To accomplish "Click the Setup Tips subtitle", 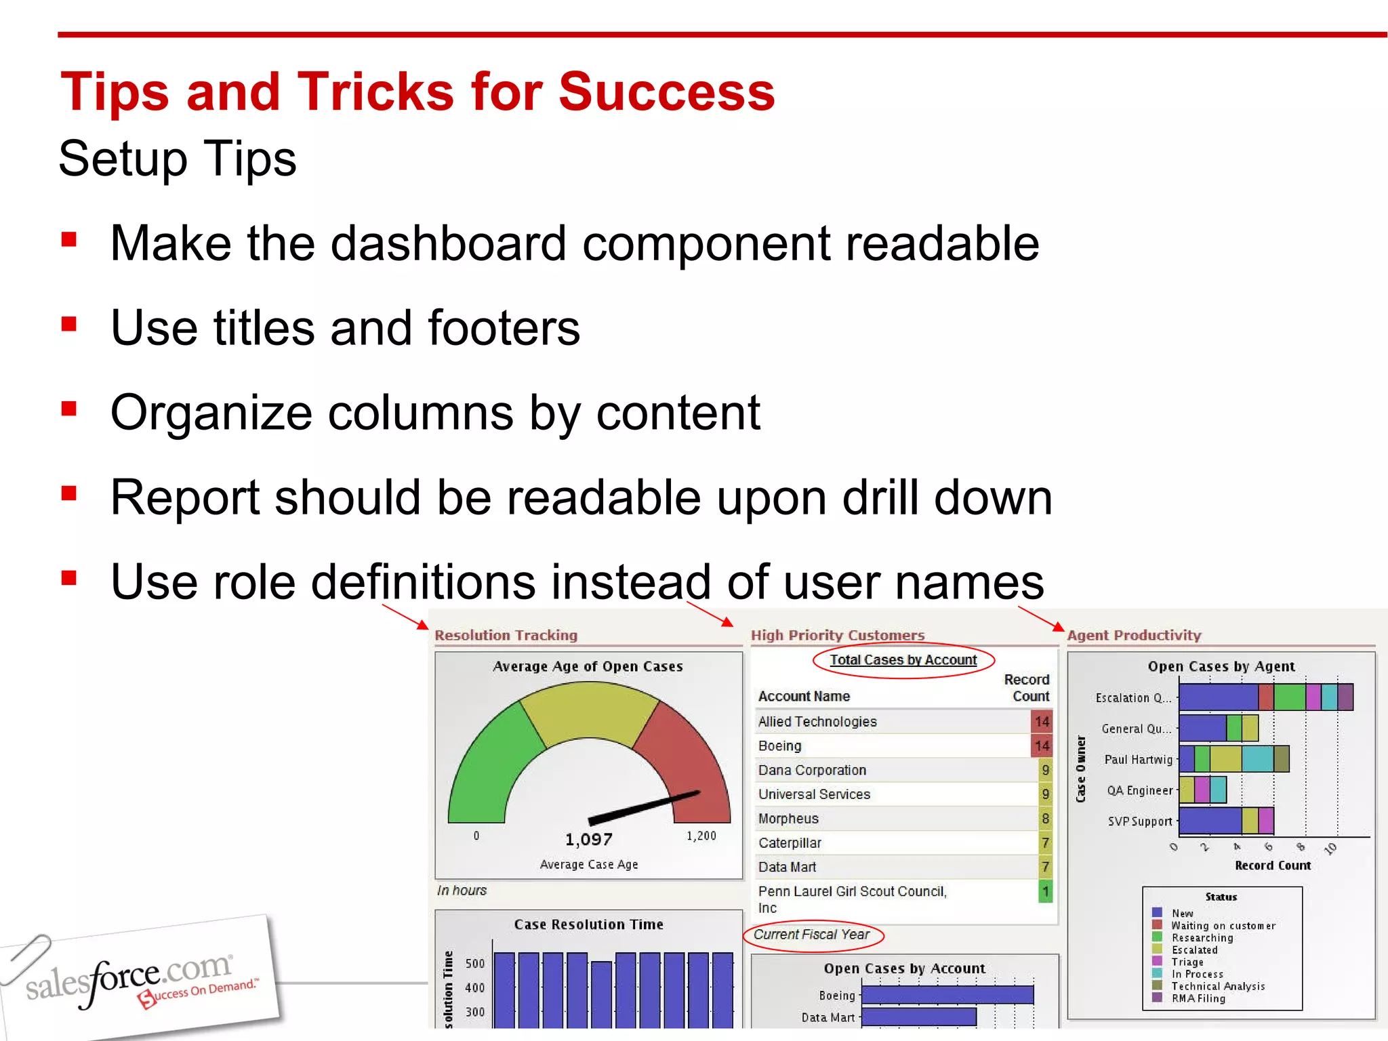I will tap(178, 159).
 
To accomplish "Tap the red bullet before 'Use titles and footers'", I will tap(68, 324).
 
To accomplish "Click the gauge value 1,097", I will tap(588, 840).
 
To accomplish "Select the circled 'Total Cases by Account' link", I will tap(903, 660).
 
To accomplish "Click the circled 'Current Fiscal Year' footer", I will tap(812, 935).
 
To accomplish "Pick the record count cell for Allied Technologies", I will tap(1041, 722).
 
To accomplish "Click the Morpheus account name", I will tap(788, 819).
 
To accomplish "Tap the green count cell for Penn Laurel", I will tap(1045, 891).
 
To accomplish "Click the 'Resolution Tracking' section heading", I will tap(506, 636).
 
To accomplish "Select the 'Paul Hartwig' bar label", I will tap(1138, 760).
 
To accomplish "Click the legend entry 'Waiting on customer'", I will tap(1223, 926).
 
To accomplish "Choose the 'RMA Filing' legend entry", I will tap(1198, 998).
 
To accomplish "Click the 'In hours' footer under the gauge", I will tap(462, 891).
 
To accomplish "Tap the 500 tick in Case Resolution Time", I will tap(474, 964).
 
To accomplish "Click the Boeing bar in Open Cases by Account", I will tap(947, 995).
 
